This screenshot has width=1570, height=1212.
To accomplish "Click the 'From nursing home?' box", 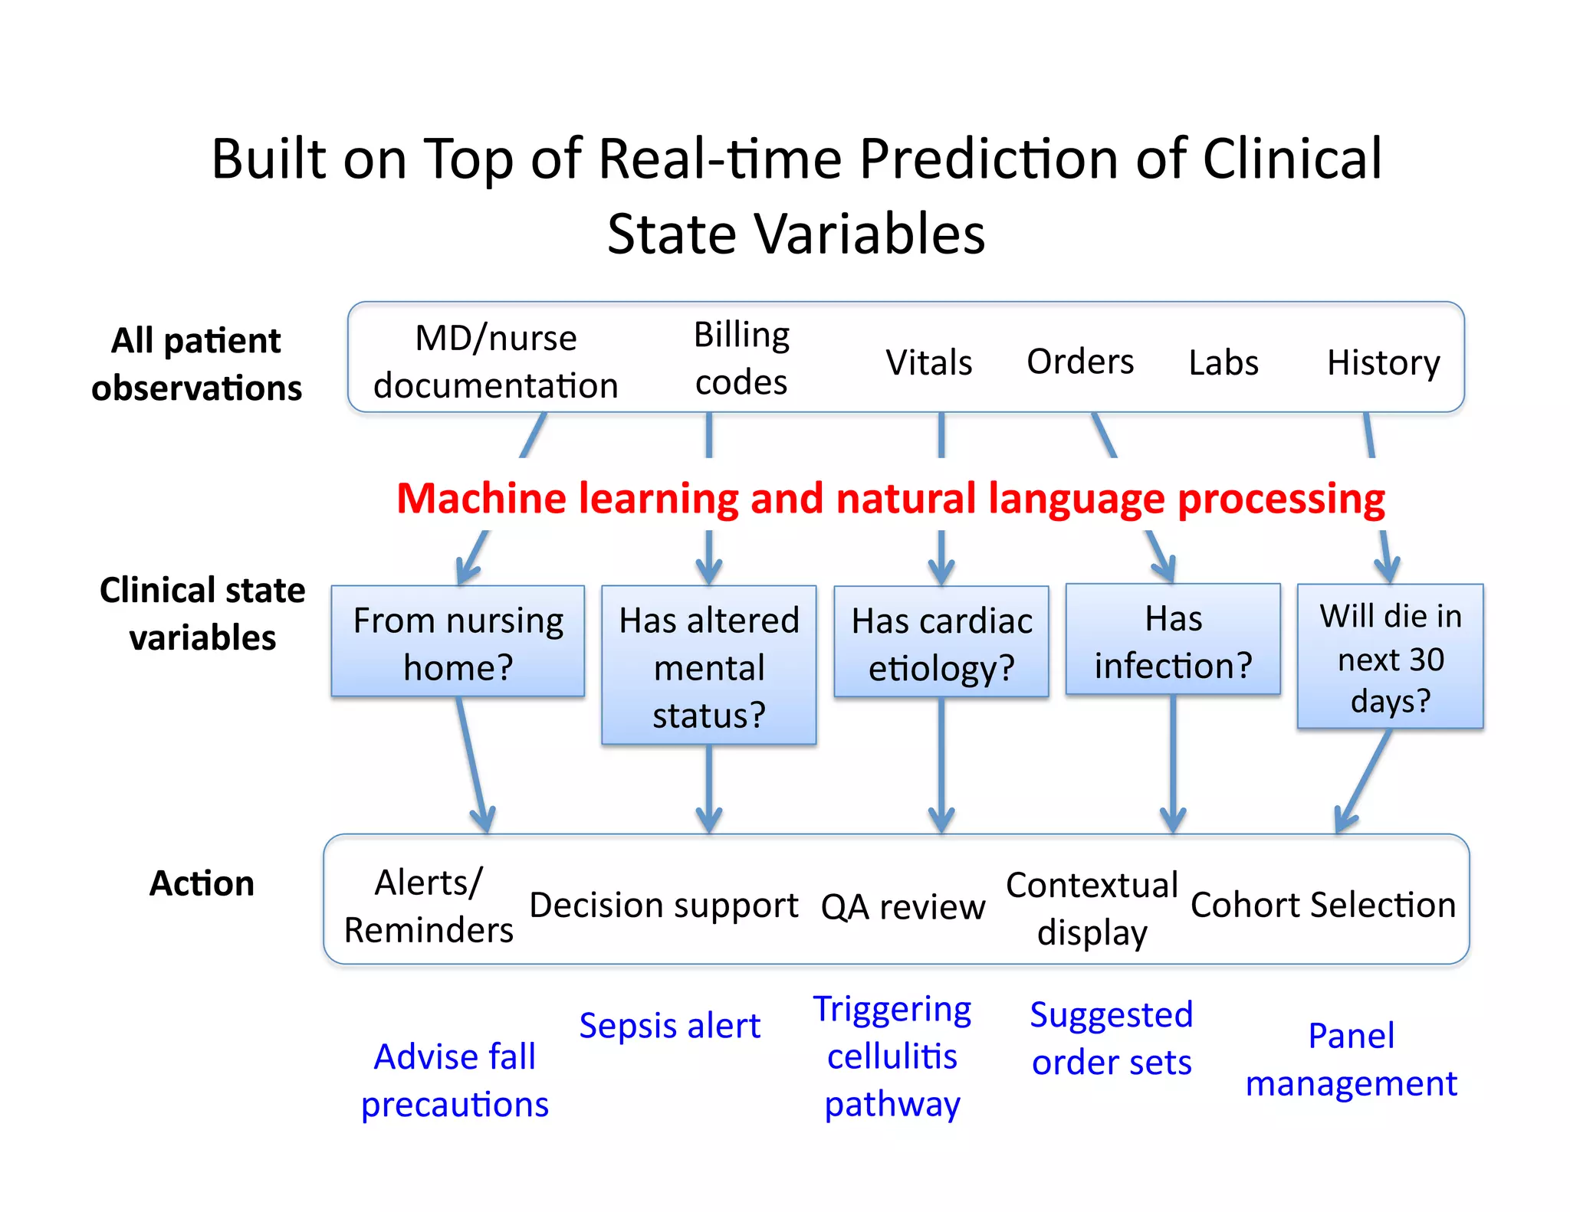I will click(x=458, y=642).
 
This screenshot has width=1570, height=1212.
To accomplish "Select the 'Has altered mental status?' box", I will click(x=708, y=666).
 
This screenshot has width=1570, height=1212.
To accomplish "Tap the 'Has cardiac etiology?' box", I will click(x=941, y=643).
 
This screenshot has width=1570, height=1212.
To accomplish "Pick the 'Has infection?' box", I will click(x=1173, y=640).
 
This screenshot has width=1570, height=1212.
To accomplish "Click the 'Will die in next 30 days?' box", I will click(x=1390, y=657).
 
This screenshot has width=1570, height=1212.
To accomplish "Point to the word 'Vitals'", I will click(x=928, y=362).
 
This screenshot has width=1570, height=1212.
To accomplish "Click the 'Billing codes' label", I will click(x=741, y=359).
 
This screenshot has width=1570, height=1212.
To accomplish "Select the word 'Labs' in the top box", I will click(x=1223, y=362).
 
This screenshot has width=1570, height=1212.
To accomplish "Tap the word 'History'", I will click(x=1383, y=362).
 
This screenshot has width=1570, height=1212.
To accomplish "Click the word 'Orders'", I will click(x=1079, y=362).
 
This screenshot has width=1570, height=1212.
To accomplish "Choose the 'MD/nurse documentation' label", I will click(x=495, y=362).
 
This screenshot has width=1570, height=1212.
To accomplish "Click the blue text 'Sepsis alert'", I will click(x=669, y=1025).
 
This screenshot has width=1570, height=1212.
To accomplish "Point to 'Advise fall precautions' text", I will click(x=455, y=1080).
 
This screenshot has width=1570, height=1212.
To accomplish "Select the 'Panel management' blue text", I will click(x=1351, y=1060).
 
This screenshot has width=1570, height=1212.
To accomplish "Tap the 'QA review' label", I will click(x=902, y=907).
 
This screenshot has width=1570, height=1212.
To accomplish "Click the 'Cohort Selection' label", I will click(x=1322, y=905).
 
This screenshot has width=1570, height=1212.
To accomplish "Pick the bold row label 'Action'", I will click(x=202, y=883).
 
